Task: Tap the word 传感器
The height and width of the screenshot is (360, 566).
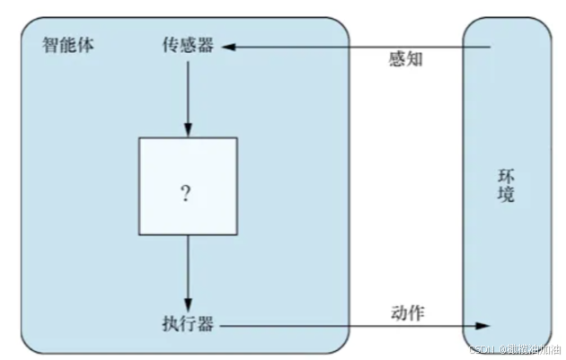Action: [x=189, y=46]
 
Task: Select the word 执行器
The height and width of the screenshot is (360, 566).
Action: [x=189, y=324]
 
